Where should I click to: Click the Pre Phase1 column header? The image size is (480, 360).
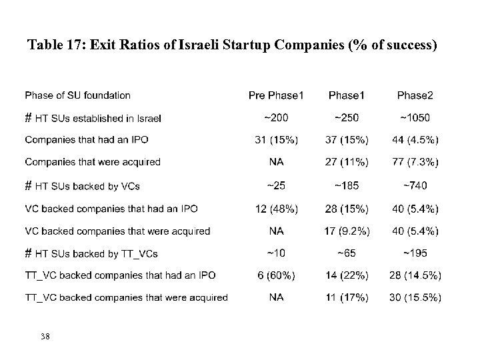pyautogui.click(x=276, y=96)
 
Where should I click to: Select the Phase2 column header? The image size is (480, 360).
pyautogui.click(x=415, y=96)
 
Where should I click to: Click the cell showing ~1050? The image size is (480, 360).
pyautogui.click(x=415, y=118)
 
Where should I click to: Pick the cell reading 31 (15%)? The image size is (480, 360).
pyautogui.click(x=276, y=140)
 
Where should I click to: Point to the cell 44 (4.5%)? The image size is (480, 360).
pyautogui.click(x=415, y=140)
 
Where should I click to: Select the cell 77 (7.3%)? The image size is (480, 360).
pyautogui.click(x=415, y=162)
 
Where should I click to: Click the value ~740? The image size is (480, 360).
pyautogui.click(x=415, y=185)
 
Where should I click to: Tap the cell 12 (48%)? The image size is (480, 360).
pyautogui.click(x=276, y=209)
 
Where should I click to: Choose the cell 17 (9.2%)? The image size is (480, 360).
pyautogui.click(x=347, y=231)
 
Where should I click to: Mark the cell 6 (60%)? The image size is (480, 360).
pyautogui.click(x=276, y=275)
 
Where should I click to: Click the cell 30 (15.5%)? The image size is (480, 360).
pyautogui.click(x=415, y=297)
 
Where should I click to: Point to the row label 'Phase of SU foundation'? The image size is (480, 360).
pyautogui.click(x=77, y=96)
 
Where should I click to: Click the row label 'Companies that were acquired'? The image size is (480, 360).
pyautogui.click(x=93, y=162)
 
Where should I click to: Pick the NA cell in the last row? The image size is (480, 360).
pyautogui.click(x=276, y=297)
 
